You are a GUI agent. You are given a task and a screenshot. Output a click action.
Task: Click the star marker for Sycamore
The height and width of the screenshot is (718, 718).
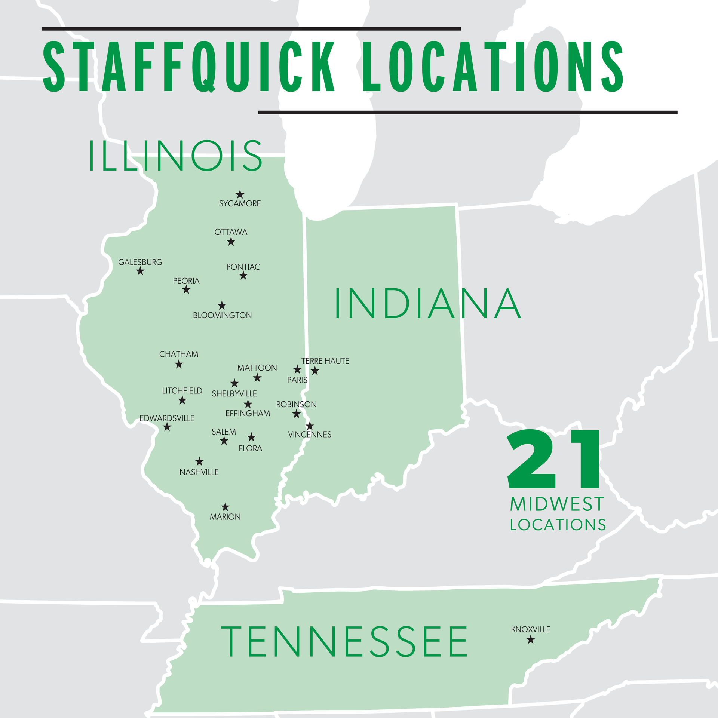[x=240, y=194]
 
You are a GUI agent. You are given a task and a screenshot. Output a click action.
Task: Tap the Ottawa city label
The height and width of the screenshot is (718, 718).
[x=231, y=232]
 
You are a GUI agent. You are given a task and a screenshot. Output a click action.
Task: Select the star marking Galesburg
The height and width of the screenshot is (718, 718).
[x=140, y=271]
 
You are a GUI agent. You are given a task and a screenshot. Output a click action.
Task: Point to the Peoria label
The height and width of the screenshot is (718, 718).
[x=186, y=281]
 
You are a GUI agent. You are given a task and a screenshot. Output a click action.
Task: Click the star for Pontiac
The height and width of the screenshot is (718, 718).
[x=243, y=276]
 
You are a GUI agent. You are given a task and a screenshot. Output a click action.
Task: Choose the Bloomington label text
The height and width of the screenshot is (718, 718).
[x=222, y=315]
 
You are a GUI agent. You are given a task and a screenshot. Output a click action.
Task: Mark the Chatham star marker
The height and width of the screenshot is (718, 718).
[x=179, y=364]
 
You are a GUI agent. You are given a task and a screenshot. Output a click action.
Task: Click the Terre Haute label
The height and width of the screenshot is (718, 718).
[x=325, y=361]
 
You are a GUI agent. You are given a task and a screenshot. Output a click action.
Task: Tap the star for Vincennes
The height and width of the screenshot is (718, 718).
[x=310, y=426]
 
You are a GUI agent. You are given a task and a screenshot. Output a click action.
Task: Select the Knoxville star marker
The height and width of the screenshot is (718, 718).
[x=530, y=640]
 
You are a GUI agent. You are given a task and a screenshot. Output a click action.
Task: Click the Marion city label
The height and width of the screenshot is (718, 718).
[x=225, y=517]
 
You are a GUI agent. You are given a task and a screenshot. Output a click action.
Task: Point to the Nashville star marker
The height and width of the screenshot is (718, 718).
[x=199, y=461]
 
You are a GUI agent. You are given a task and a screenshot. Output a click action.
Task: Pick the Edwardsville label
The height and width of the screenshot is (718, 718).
[x=167, y=418]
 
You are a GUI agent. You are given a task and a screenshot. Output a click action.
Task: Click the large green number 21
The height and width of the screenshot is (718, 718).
[x=554, y=460]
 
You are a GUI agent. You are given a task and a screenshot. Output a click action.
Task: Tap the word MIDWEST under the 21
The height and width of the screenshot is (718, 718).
[x=557, y=504]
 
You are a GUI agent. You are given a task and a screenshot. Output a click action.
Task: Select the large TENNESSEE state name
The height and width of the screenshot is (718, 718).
[x=344, y=642]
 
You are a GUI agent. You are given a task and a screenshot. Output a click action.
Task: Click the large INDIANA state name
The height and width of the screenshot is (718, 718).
[x=427, y=303]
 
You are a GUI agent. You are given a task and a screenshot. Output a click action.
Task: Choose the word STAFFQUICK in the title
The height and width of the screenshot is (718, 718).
[x=189, y=67]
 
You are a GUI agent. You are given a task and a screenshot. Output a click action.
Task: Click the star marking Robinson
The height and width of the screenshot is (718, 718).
[x=297, y=414]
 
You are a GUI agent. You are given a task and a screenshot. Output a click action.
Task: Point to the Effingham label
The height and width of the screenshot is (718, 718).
[x=248, y=413]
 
